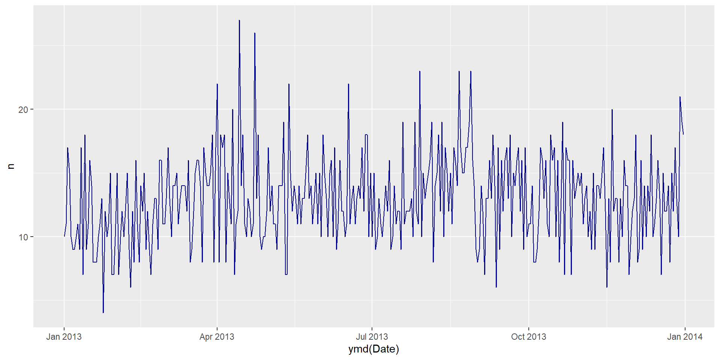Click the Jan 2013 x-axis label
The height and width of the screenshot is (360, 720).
click(x=64, y=337)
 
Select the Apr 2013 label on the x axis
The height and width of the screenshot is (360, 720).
click(x=217, y=337)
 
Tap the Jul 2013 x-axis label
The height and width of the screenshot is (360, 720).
click(x=372, y=337)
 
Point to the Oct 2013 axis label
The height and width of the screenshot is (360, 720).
click(x=528, y=337)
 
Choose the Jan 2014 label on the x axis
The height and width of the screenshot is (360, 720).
click(x=685, y=337)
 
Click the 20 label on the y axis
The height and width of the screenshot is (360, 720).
click(x=23, y=110)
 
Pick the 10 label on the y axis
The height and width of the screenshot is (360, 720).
click(x=23, y=237)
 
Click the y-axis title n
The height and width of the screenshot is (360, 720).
click(x=11, y=166)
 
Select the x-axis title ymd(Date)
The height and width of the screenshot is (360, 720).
click(x=373, y=349)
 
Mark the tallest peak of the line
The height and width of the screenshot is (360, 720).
click(x=239, y=20)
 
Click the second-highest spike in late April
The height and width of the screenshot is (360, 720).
click(x=255, y=33)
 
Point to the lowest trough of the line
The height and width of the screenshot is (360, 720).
click(x=103, y=313)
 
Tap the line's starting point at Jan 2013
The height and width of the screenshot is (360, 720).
click(x=64, y=237)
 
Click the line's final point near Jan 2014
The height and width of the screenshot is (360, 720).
click(x=683, y=134)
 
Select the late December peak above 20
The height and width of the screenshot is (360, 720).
click(x=680, y=97)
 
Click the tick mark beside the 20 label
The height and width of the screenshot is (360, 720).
click(x=32, y=109)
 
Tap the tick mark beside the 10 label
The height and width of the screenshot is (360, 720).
click(x=32, y=237)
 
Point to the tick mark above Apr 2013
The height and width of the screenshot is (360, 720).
click(x=217, y=328)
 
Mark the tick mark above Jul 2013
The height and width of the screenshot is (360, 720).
click(x=372, y=328)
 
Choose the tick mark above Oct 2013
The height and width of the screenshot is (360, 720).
click(x=528, y=328)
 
